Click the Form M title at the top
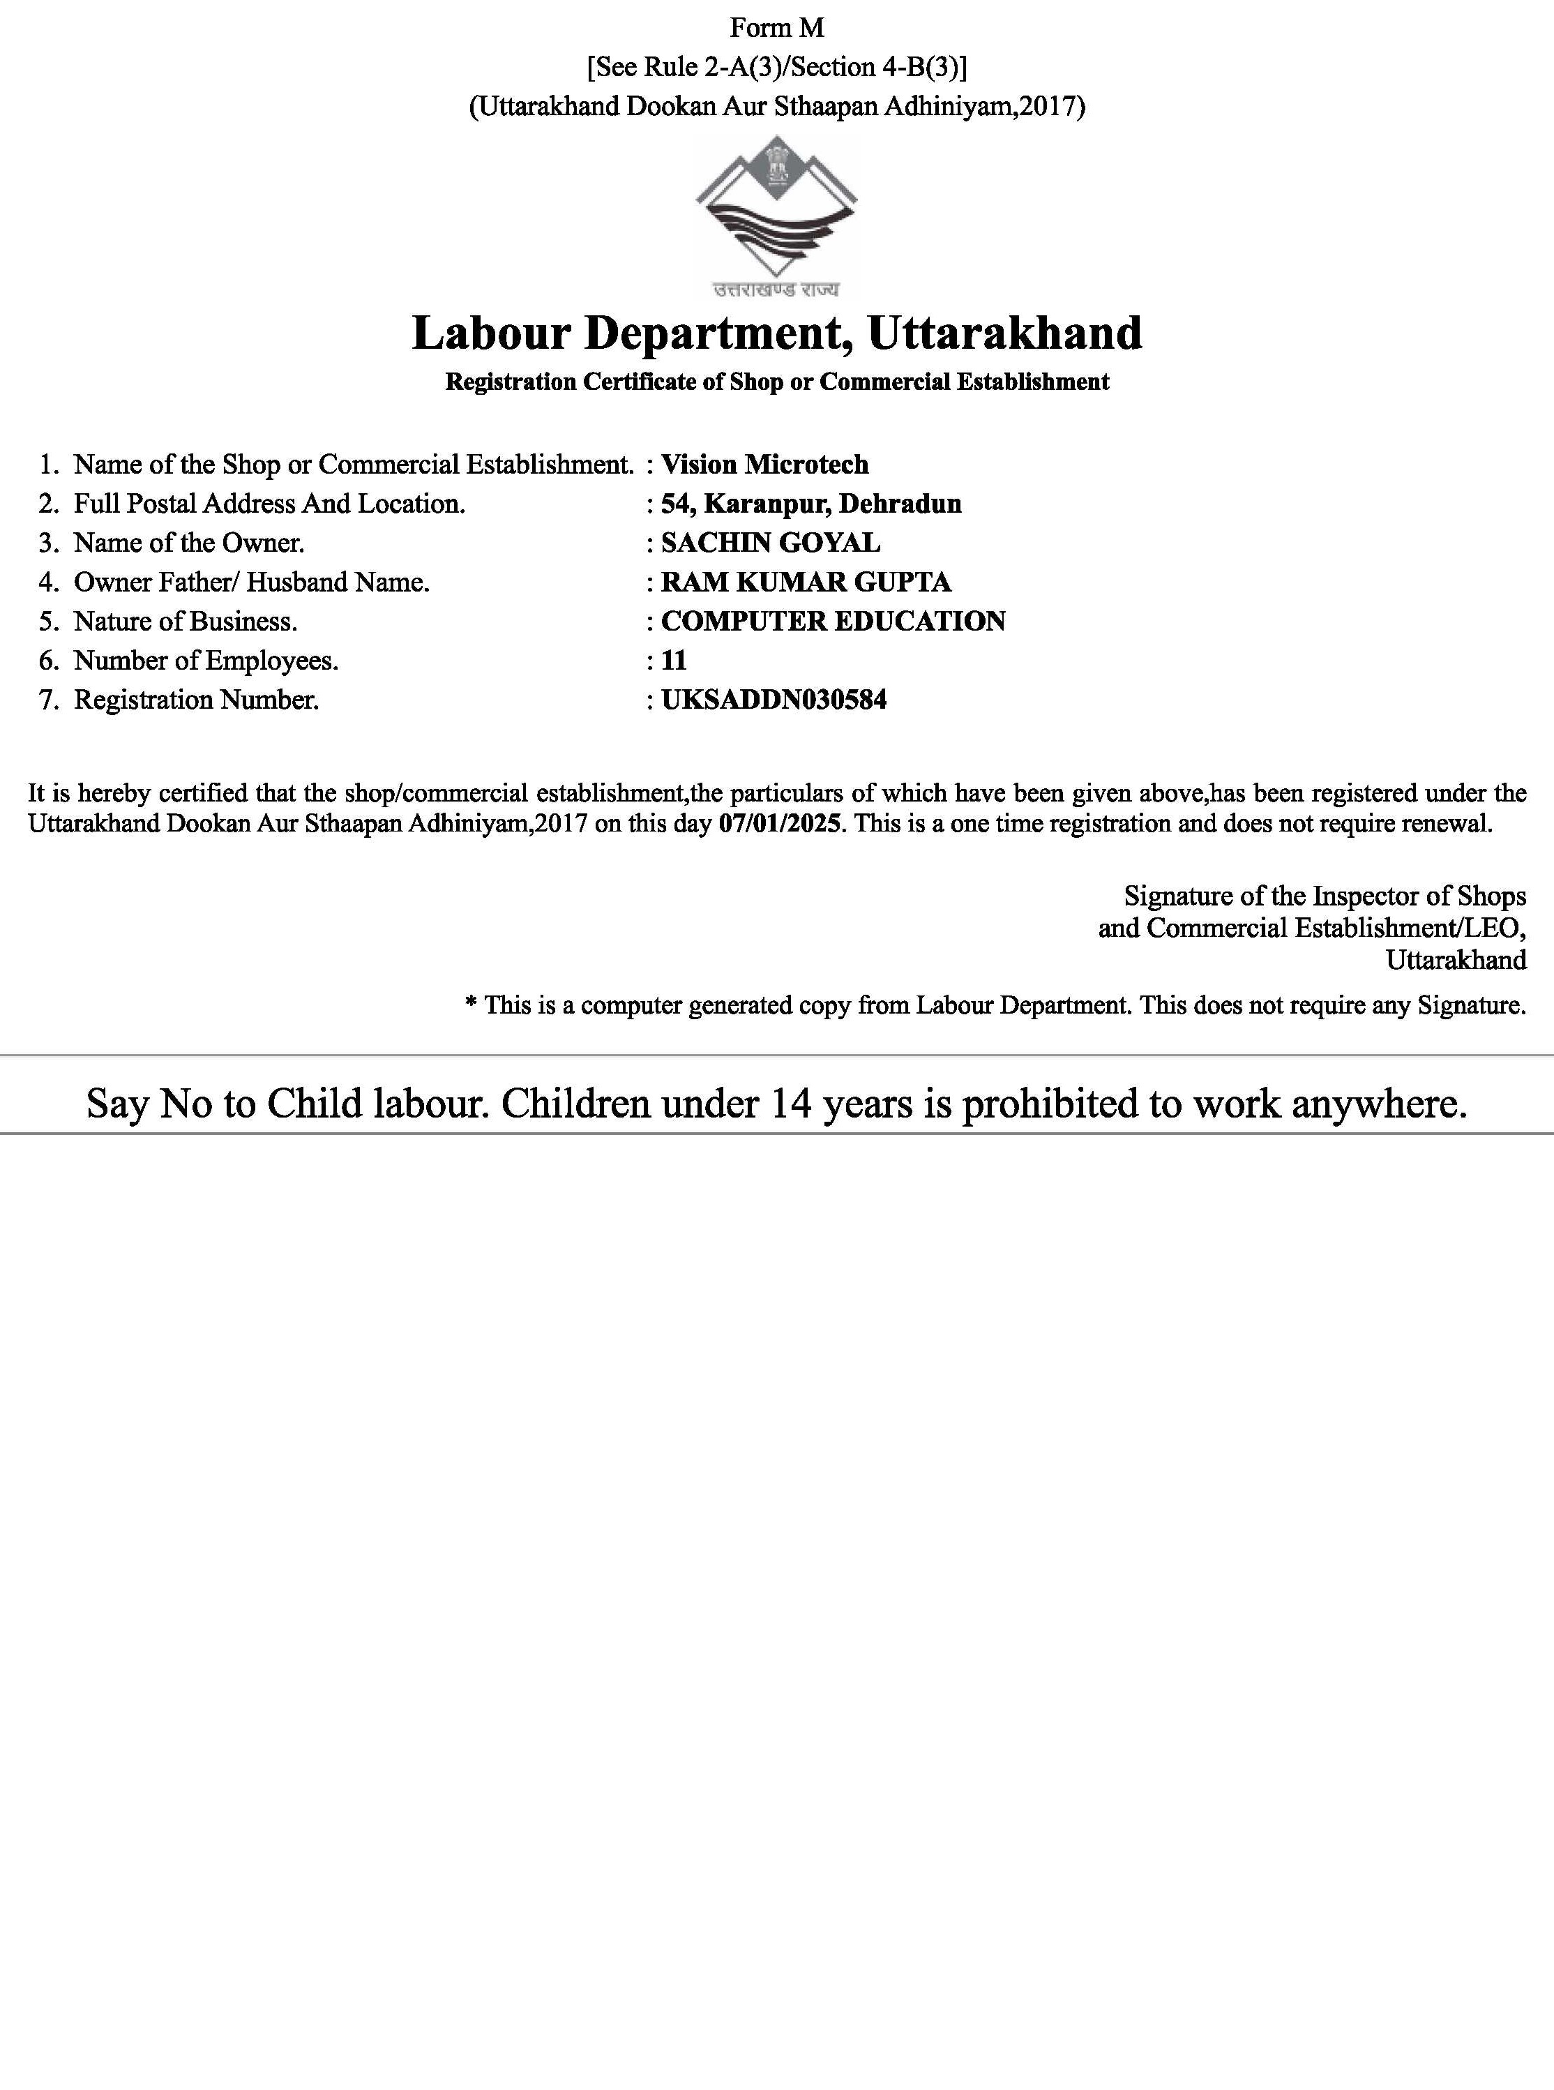(776, 28)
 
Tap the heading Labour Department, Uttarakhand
(777, 333)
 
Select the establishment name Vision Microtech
(764, 465)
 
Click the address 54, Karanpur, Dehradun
(811, 504)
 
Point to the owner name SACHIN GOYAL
(771, 543)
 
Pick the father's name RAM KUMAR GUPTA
(806, 582)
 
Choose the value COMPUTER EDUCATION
(833, 622)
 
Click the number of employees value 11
(674, 661)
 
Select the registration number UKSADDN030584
(774, 700)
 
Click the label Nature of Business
(186, 622)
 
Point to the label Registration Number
(197, 700)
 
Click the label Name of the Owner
(189, 543)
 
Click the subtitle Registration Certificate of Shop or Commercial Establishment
(777, 382)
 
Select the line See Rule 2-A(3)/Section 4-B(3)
(776, 67)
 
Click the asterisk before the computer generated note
(472, 1004)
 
